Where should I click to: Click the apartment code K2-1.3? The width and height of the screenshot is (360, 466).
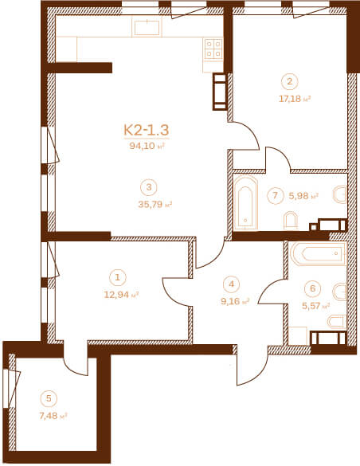[x=147, y=130]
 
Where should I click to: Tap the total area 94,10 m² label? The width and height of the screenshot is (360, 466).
[x=147, y=146]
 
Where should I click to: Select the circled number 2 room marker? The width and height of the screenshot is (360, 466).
[x=290, y=81]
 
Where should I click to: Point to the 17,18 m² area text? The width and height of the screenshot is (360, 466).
[x=295, y=99]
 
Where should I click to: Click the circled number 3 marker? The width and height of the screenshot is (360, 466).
[x=149, y=187]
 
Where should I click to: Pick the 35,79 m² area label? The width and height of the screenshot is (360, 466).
[x=155, y=205]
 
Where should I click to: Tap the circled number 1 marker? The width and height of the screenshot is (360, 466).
[x=118, y=277]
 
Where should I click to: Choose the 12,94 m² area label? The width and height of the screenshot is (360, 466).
[x=121, y=295]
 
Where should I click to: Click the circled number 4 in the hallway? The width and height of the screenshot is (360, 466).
[x=232, y=284]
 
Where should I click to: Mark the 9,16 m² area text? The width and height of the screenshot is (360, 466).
[x=235, y=301]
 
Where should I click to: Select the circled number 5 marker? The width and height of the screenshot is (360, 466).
[x=49, y=398]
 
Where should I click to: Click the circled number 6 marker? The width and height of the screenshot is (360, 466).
[x=312, y=288]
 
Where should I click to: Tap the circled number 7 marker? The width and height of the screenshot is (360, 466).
[x=275, y=195]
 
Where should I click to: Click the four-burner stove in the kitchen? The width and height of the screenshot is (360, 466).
[x=213, y=49]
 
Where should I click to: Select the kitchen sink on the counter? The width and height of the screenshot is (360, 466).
[x=147, y=27]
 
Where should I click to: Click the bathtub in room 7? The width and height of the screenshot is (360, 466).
[x=245, y=202]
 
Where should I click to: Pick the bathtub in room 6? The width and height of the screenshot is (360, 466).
[x=318, y=254]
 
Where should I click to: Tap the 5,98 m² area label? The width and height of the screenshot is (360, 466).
[x=303, y=195]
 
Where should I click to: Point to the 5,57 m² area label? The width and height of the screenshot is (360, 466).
[x=316, y=306]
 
